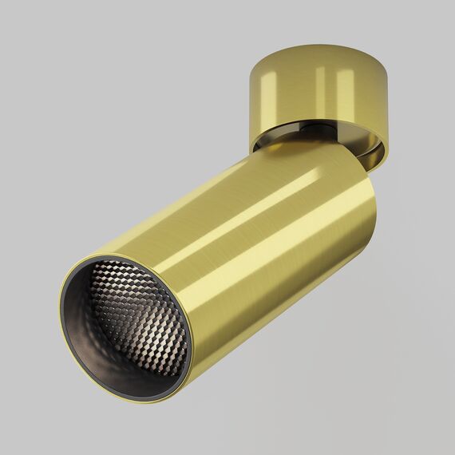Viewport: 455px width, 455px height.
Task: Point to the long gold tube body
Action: click(x=263, y=239)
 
